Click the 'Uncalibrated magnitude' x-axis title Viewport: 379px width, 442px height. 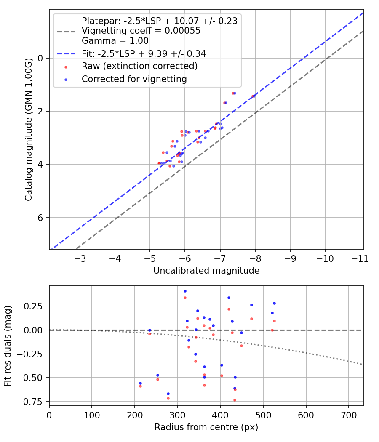tap(206, 271)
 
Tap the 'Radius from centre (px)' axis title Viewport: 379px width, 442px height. tap(206, 427)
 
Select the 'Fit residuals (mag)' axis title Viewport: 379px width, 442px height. tap(8, 346)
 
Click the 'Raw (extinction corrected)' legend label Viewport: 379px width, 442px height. tap(139, 66)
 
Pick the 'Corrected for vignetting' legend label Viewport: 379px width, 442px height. tap(134, 79)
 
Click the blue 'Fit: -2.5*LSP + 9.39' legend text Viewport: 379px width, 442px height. tap(144, 53)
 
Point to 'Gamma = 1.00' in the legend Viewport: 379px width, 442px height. tap(115, 41)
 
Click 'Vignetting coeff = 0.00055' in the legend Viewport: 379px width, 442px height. tap(141, 31)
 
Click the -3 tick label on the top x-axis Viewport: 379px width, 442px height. tap(80, 258)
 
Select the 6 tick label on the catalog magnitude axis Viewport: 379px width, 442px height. tap(41, 218)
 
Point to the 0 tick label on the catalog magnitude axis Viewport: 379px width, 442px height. tap(41, 58)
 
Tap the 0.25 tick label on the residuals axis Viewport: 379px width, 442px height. tap(35, 306)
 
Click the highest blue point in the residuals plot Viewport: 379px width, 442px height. tap(185, 291)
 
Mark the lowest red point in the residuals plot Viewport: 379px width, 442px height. tap(235, 400)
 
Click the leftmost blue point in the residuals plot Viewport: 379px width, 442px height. tap(140, 383)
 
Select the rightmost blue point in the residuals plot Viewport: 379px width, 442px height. tap(274, 303)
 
